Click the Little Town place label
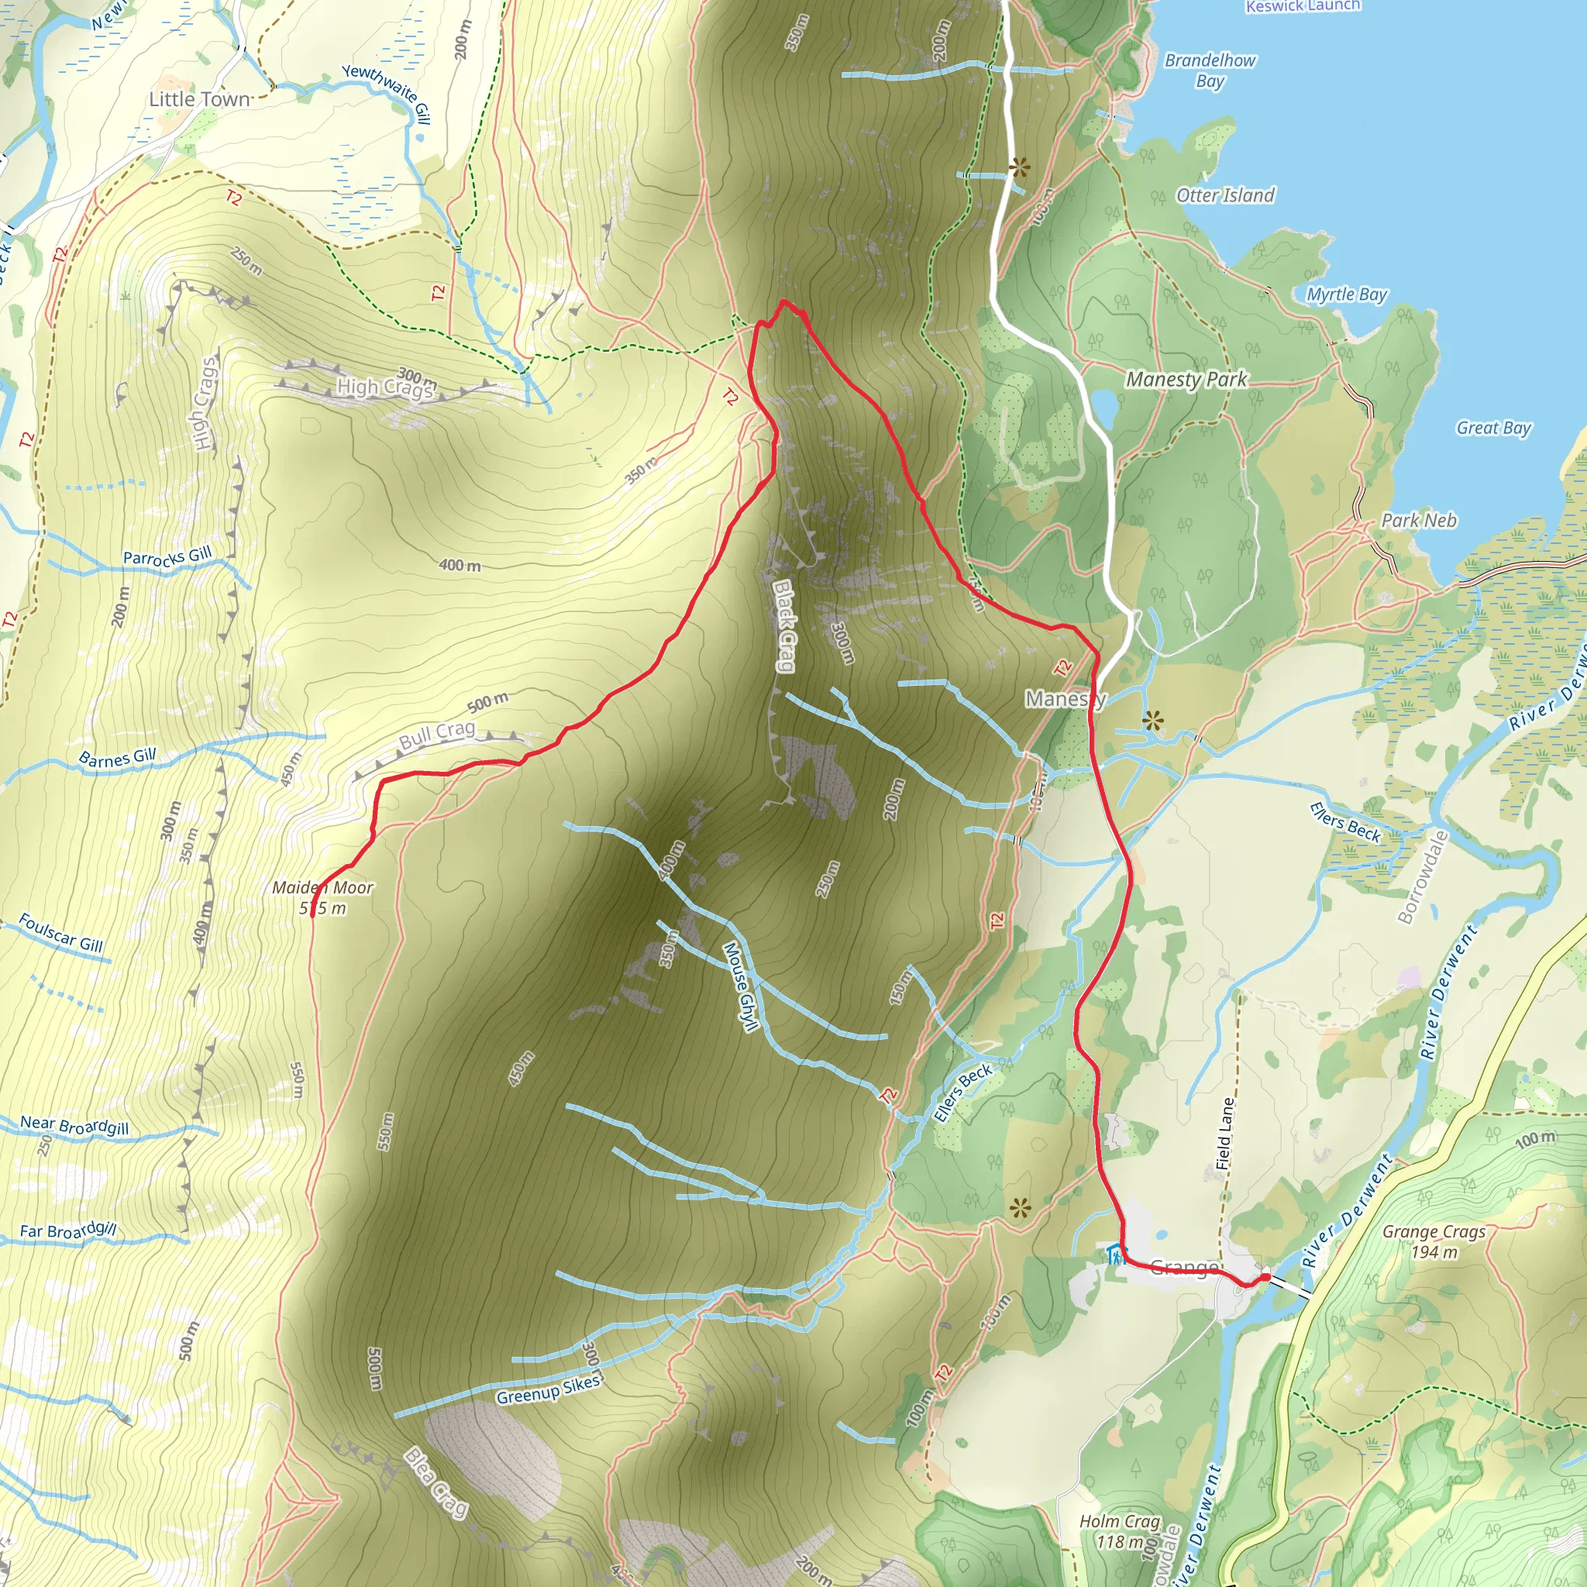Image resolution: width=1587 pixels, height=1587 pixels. click(x=199, y=99)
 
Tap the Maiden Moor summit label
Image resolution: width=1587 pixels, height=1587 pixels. click(x=323, y=898)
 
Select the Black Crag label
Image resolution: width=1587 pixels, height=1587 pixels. click(x=783, y=626)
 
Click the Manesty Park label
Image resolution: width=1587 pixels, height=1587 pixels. click(x=1186, y=380)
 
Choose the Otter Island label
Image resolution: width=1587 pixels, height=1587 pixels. click(x=1225, y=195)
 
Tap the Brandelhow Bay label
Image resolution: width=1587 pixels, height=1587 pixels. click(x=1210, y=71)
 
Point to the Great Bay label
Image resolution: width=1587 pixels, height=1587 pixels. click(x=1493, y=428)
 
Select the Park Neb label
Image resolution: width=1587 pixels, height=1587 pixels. click(x=1419, y=521)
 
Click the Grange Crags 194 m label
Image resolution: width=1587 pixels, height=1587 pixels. click(x=1434, y=1242)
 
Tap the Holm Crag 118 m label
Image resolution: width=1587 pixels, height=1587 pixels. click(x=1120, y=1531)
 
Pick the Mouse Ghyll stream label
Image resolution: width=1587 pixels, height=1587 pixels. click(x=739, y=986)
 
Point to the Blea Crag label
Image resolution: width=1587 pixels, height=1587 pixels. click(x=436, y=1483)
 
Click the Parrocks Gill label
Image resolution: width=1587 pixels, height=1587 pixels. click(x=167, y=557)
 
